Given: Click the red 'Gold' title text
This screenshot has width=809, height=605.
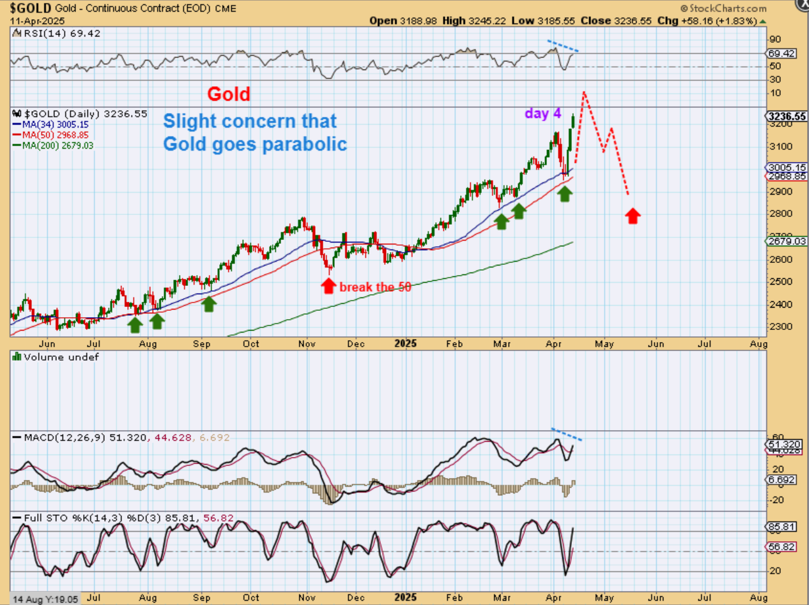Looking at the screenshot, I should click(228, 94).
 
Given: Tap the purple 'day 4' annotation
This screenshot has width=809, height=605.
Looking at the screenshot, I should click(543, 113).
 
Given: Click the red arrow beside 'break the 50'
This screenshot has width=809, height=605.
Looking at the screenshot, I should click(328, 285).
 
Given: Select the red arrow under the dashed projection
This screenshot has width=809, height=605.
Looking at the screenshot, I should click(632, 216).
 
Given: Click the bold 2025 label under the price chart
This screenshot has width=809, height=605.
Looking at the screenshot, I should click(405, 343).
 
